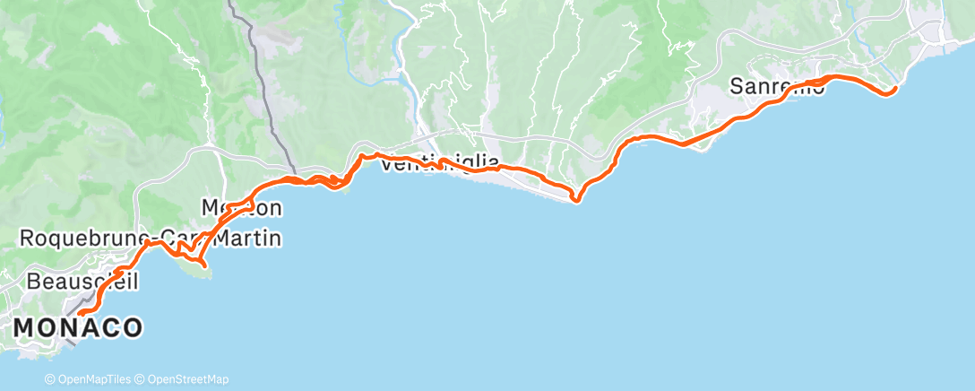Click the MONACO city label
[78, 328]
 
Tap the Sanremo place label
[777, 88]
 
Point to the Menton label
[240, 209]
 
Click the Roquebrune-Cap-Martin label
[150, 239]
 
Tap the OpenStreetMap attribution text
[186, 379]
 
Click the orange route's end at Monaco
[80, 313]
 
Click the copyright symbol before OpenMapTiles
[51, 379]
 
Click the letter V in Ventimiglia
[388, 163]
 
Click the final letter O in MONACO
[132, 328]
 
